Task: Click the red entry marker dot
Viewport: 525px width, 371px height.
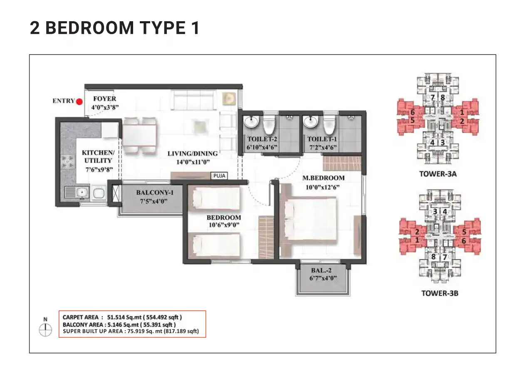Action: [x=79, y=101]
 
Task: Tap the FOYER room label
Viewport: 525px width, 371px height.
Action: [x=104, y=99]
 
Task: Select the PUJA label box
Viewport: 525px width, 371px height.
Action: [x=219, y=176]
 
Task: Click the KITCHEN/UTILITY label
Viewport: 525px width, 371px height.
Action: [x=97, y=156]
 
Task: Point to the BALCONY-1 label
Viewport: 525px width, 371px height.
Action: [x=152, y=193]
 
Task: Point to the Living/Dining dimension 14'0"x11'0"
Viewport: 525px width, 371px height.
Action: [x=193, y=161]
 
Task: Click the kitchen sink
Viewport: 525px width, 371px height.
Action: [x=77, y=192]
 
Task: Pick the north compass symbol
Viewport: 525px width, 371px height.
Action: [x=45, y=330]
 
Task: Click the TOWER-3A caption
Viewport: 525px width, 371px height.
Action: [x=438, y=174]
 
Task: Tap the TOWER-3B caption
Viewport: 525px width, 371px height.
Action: [x=440, y=293]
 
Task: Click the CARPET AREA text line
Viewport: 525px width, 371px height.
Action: [x=122, y=317]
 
